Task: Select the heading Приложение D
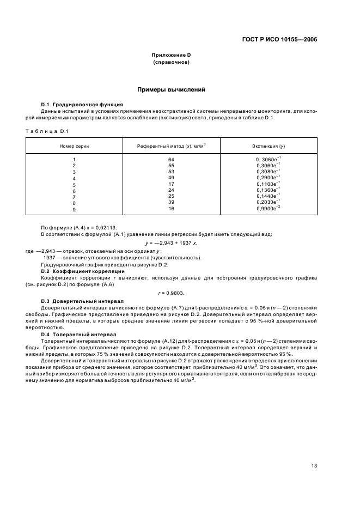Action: tap(171, 56)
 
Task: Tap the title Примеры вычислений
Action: tap(171, 89)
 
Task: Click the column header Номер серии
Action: tap(74, 147)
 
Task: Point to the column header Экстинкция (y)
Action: tap(268, 147)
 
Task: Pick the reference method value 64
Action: tap(170, 159)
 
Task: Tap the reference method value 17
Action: tap(170, 184)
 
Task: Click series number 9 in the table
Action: tap(74, 209)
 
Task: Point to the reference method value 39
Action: tap(170, 203)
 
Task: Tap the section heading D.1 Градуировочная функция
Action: tap(82, 104)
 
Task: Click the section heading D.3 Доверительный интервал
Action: tap(82, 301)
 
